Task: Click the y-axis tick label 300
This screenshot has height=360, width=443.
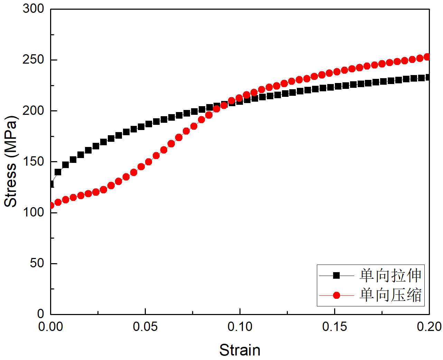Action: click(x=34, y=9)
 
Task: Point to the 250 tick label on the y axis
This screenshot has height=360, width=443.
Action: click(x=34, y=60)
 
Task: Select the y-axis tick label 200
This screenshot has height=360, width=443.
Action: click(x=34, y=111)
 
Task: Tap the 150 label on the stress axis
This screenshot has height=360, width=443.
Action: click(x=34, y=161)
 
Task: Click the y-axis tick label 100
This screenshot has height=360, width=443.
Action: click(x=34, y=212)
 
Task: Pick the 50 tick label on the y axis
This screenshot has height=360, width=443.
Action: click(x=37, y=263)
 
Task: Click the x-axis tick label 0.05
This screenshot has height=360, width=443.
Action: click(x=145, y=327)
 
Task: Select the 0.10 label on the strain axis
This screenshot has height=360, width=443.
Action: click(x=240, y=327)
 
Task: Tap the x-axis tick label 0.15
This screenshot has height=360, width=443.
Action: click(x=334, y=327)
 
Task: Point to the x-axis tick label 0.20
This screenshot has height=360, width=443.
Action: click(x=429, y=327)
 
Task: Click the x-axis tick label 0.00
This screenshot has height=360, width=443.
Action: click(x=51, y=327)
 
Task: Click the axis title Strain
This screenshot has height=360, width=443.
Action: click(x=240, y=350)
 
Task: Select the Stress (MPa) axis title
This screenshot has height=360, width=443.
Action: click(x=10, y=161)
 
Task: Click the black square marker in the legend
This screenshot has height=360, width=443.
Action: click(x=337, y=276)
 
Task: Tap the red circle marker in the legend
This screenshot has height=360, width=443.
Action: click(x=337, y=295)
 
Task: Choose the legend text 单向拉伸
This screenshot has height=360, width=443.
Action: click(x=390, y=276)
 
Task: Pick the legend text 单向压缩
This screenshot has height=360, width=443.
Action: click(x=390, y=295)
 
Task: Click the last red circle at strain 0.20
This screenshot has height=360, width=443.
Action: click(x=427, y=57)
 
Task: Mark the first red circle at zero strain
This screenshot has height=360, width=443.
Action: click(x=51, y=205)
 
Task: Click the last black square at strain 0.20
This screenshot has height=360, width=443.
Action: click(x=428, y=77)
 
